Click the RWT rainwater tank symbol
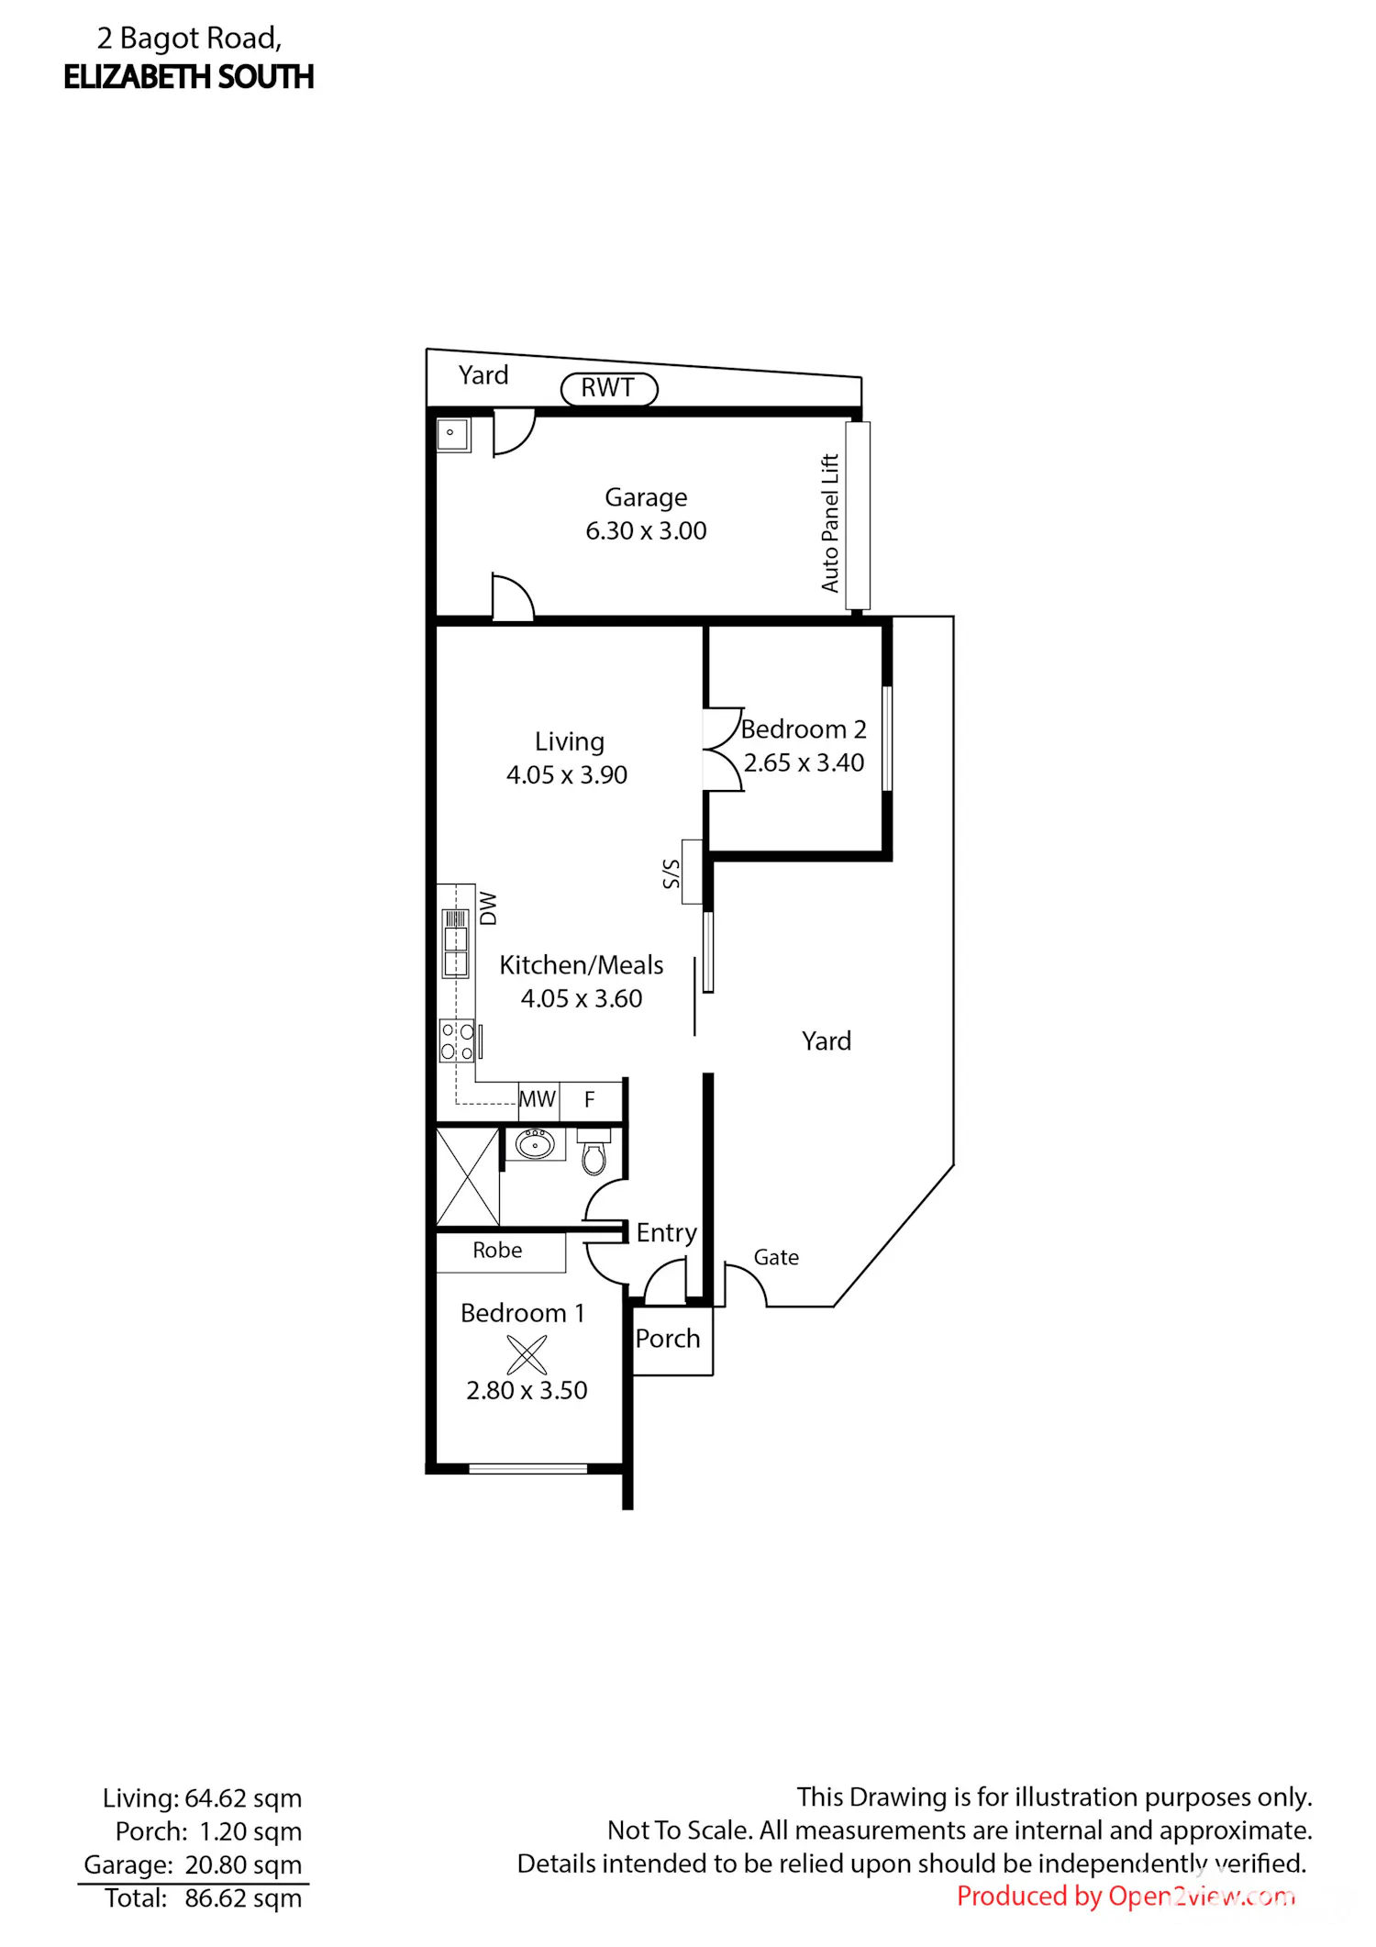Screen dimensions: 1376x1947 click(x=609, y=388)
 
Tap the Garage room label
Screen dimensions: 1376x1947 click(x=646, y=497)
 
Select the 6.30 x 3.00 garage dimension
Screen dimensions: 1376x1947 click(x=646, y=530)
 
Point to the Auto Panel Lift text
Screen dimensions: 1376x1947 click(x=830, y=523)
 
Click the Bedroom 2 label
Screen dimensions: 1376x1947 click(x=804, y=729)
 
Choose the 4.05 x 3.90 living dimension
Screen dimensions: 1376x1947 click(x=567, y=774)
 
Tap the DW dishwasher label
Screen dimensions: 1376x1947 click(x=488, y=908)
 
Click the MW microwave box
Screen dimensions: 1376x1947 click(x=538, y=1098)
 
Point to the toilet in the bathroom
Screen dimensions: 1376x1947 click(x=594, y=1152)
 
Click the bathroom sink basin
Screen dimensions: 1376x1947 click(x=535, y=1144)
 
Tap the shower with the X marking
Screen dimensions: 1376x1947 click(x=468, y=1177)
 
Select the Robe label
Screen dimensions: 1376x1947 click(x=497, y=1250)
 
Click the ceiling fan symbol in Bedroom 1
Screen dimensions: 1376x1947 click(x=527, y=1354)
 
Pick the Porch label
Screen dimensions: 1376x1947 click(x=668, y=1339)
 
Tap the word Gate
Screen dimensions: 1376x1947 click(x=776, y=1257)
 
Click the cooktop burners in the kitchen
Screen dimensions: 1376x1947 click(x=457, y=1041)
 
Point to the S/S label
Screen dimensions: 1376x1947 click(x=671, y=873)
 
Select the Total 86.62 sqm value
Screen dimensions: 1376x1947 click(x=243, y=1897)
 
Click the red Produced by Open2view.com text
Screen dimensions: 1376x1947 click(x=1126, y=1896)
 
